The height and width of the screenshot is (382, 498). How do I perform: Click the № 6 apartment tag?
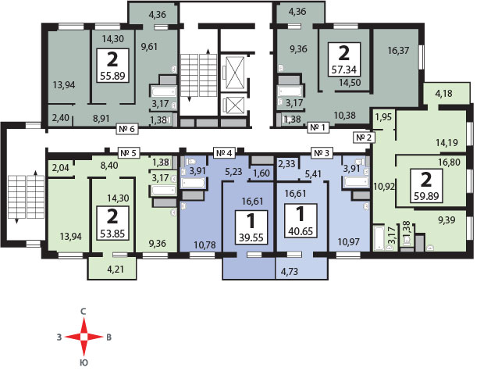pos(127,129)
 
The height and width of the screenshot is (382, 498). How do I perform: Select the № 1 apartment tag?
pos(318,127)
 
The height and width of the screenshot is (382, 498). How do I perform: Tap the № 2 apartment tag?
pos(364,137)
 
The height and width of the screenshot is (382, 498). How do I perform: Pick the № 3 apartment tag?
pos(322,153)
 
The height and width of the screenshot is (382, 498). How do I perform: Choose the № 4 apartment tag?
pos(224,153)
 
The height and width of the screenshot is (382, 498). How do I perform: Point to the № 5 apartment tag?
pos(128,153)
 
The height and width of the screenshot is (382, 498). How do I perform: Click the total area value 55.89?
pos(112,76)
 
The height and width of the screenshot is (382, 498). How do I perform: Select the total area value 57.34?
pos(344,70)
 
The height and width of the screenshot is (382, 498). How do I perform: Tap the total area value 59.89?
pos(426,196)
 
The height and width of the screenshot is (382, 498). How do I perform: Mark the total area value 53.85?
pos(112,234)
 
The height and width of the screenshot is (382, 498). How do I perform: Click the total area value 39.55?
pos(251,237)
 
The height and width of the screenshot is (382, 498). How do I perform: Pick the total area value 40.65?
pos(301,231)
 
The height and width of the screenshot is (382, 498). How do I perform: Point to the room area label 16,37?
pos(398,50)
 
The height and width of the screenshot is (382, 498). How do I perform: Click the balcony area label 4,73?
pos(290,272)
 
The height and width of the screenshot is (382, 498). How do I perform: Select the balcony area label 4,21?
pos(116,270)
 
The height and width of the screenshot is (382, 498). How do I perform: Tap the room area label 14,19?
pos(446,142)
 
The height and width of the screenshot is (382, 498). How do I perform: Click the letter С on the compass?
pos(84,312)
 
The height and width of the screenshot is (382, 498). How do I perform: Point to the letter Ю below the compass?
pos(84,363)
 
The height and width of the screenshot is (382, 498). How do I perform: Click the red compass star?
pos(84,337)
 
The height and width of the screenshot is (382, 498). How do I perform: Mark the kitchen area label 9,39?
pos(446,220)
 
